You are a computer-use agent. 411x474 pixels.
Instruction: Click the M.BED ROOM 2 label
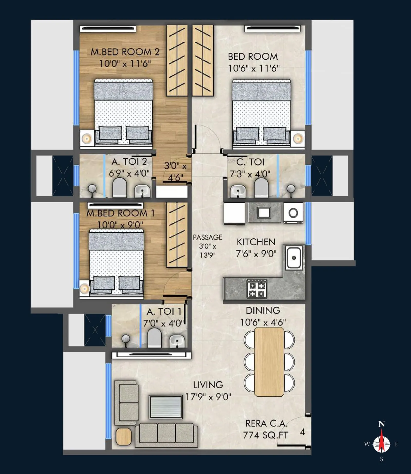[x=125, y=52]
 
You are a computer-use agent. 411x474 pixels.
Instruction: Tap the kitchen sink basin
[x=294, y=258]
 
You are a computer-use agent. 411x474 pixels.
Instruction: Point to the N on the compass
[x=381, y=424]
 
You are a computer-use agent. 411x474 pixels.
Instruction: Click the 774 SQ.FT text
[x=266, y=435]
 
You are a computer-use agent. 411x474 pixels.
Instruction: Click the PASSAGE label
[x=208, y=237]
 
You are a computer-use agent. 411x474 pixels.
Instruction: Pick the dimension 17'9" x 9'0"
[x=208, y=397]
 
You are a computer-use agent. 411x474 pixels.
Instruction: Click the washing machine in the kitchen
[x=293, y=213]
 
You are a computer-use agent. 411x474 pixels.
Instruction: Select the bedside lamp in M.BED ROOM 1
[x=84, y=289]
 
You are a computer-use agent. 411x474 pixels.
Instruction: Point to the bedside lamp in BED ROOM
[x=298, y=139]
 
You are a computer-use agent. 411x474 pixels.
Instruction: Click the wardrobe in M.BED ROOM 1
[x=177, y=234]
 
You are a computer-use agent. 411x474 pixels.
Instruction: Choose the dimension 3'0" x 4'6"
[x=175, y=171]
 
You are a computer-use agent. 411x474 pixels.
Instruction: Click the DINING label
[x=263, y=311]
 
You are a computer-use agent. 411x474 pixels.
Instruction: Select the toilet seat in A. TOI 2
[x=120, y=187]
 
